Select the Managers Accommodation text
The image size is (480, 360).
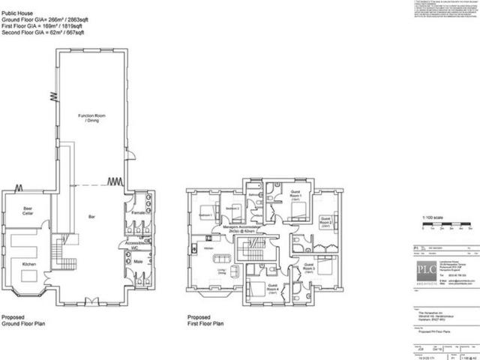(x=244, y=230)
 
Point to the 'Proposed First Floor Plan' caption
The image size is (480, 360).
(x=205, y=321)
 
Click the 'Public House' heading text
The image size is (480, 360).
(x=15, y=4)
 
